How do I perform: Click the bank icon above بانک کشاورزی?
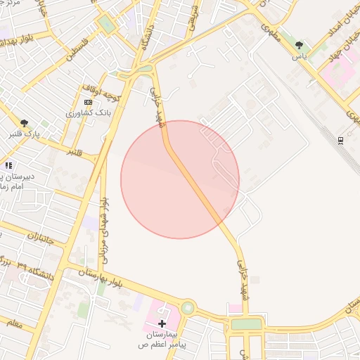[x=88, y=103]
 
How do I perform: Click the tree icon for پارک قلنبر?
[x=25, y=123]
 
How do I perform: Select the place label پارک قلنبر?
[x=25, y=133]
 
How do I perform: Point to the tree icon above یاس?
[x=300, y=45]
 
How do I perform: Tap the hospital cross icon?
[x=162, y=324]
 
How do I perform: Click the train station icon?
[x=341, y=140]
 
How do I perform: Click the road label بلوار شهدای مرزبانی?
[x=104, y=224]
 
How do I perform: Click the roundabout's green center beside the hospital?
[x=188, y=308]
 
